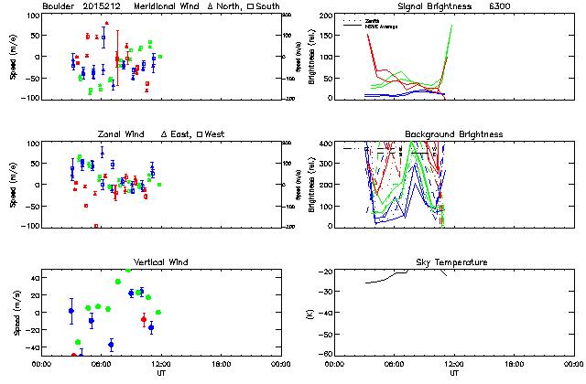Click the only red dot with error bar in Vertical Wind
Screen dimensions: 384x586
click(144, 319)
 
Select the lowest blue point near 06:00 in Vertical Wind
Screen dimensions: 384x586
click(111, 345)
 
